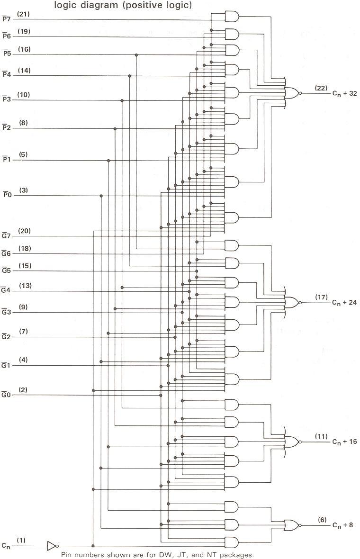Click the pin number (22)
coord(321,88)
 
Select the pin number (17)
coord(321,297)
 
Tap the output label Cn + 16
coord(344,442)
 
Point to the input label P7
coord(6,19)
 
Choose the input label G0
coord(6,394)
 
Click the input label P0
coord(6,195)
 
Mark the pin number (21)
coord(23,15)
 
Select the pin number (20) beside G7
coord(25,231)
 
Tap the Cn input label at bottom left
coord(6,546)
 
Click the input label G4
coord(6,290)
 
